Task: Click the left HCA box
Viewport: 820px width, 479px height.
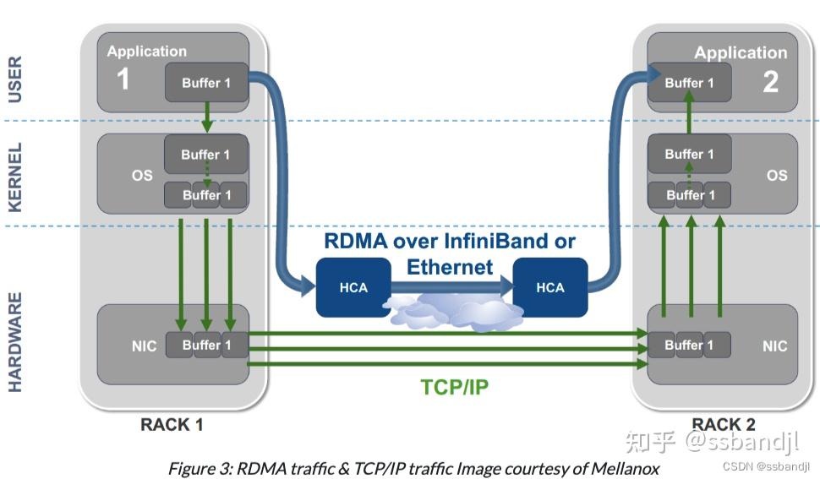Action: click(x=353, y=286)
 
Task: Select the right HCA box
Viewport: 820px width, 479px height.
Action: click(x=550, y=286)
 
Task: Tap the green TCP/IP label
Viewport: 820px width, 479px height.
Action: click(x=455, y=387)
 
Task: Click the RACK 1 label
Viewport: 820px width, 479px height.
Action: click(x=172, y=424)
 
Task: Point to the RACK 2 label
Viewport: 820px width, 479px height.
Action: click(x=724, y=424)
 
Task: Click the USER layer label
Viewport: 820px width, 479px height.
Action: click(x=15, y=79)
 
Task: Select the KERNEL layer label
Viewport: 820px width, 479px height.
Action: click(x=15, y=177)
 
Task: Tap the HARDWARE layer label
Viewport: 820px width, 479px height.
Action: click(x=15, y=342)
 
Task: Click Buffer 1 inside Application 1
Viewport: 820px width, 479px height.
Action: click(x=206, y=83)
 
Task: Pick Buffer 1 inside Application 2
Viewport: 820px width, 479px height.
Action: click(x=689, y=83)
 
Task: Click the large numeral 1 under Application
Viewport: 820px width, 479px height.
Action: click(x=123, y=79)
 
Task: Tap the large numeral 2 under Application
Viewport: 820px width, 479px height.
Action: click(x=770, y=81)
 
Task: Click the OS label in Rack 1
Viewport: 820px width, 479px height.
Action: click(x=142, y=175)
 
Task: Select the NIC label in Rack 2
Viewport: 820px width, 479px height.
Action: click(x=774, y=346)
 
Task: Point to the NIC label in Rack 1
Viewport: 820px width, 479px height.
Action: click(x=144, y=346)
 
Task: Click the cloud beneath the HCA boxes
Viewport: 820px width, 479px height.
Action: click(x=452, y=312)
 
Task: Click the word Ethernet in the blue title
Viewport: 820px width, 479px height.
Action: click(x=450, y=267)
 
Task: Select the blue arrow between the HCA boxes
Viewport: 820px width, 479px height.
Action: click(x=452, y=286)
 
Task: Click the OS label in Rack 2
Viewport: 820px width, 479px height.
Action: click(x=777, y=175)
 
